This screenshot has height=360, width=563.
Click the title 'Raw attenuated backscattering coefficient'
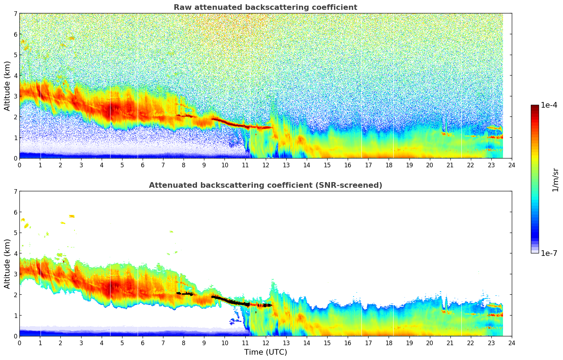point(265,7)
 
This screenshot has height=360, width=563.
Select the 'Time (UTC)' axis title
point(265,352)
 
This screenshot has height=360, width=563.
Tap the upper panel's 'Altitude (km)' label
point(7,86)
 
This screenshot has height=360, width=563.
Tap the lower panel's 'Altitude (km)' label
point(7,264)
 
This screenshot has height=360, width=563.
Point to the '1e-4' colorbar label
point(549,105)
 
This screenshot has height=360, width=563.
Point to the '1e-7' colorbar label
point(549,253)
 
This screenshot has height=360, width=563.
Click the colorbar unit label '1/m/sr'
point(555,179)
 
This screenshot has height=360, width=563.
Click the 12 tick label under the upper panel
point(265,165)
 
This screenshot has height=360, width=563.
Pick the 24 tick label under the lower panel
point(511,343)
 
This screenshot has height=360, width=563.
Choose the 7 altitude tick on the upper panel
point(15,13)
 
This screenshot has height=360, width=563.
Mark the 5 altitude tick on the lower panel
point(15,233)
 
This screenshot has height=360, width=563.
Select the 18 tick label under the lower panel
point(389,343)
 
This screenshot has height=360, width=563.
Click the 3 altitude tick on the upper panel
point(15,96)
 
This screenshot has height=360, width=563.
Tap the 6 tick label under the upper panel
point(143,165)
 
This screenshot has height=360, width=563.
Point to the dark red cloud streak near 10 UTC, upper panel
point(226,122)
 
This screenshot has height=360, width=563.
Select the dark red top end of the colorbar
point(535,106)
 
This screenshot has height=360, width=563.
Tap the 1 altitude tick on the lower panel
point(15,315)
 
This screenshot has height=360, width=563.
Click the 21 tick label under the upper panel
point(450,165)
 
